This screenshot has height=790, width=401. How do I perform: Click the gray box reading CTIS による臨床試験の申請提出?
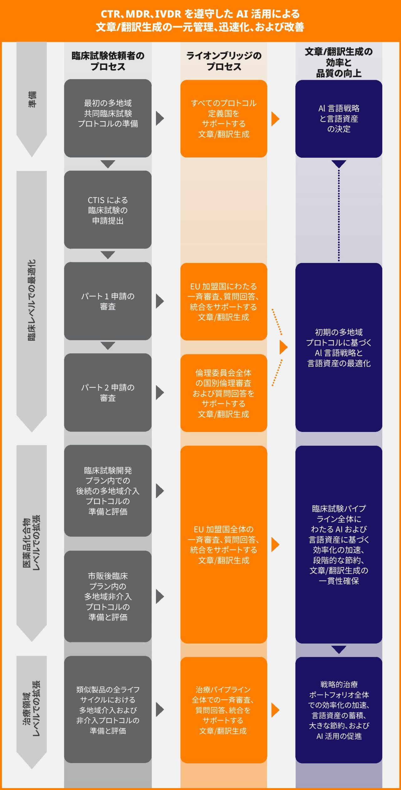click(108, 210)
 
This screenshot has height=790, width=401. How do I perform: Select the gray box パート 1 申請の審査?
click(108, 301)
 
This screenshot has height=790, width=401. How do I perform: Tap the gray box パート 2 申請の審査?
click(108, 392)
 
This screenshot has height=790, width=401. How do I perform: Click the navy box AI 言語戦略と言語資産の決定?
click(339, 119)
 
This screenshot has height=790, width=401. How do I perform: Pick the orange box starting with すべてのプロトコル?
click(224, 119)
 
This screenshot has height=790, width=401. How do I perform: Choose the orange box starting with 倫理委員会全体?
click(224, 393)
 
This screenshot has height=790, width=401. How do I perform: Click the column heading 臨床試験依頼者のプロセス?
click(108, 61)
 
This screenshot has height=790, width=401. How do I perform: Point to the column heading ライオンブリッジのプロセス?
click(224, 61)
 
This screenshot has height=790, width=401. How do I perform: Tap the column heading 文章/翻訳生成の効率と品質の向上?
click(339, 62)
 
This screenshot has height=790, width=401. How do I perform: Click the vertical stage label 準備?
click(32, 100)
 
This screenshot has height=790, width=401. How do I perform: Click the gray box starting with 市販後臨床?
click(108, 596)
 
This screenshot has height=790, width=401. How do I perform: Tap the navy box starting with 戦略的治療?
click(339, 710)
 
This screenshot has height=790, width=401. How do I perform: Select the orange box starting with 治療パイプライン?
click(224, 710)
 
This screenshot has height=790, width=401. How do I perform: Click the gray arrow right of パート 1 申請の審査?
click(160, 301)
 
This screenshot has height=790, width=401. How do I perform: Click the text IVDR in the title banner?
click(168, 14)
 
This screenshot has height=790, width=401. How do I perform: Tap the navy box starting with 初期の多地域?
click(339, 347)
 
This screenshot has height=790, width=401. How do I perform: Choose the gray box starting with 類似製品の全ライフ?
click(108, 710)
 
